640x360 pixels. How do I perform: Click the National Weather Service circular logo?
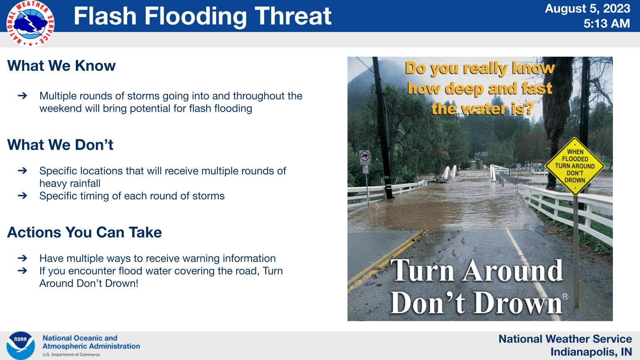tap(30, 23)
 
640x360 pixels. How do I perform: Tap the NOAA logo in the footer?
tap(20, 345)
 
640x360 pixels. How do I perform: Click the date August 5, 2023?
tap(587, 9)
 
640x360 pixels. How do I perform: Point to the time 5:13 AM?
tap(607, 23)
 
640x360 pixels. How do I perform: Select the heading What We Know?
tap(61, 66)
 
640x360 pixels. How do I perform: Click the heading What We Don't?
tap(60, 145)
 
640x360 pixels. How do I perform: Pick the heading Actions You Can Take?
tap(85, 232)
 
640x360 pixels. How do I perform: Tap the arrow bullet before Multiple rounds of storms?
tap(22, 96)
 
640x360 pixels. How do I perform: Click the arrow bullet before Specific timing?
tap(22, 196)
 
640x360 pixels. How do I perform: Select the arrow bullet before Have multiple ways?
tap(22, 258)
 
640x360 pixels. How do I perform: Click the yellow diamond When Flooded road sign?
tap(575, 166)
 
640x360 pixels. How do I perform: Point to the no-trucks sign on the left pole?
tap(364, 157)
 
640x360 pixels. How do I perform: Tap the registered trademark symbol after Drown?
tap(565, 297)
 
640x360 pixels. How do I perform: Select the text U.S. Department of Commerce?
tap(71, 355)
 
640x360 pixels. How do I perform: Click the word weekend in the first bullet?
tap(60, 109)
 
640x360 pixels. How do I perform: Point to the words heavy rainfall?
tap(70, 183)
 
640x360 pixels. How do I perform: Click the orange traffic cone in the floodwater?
tap(377, 205)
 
